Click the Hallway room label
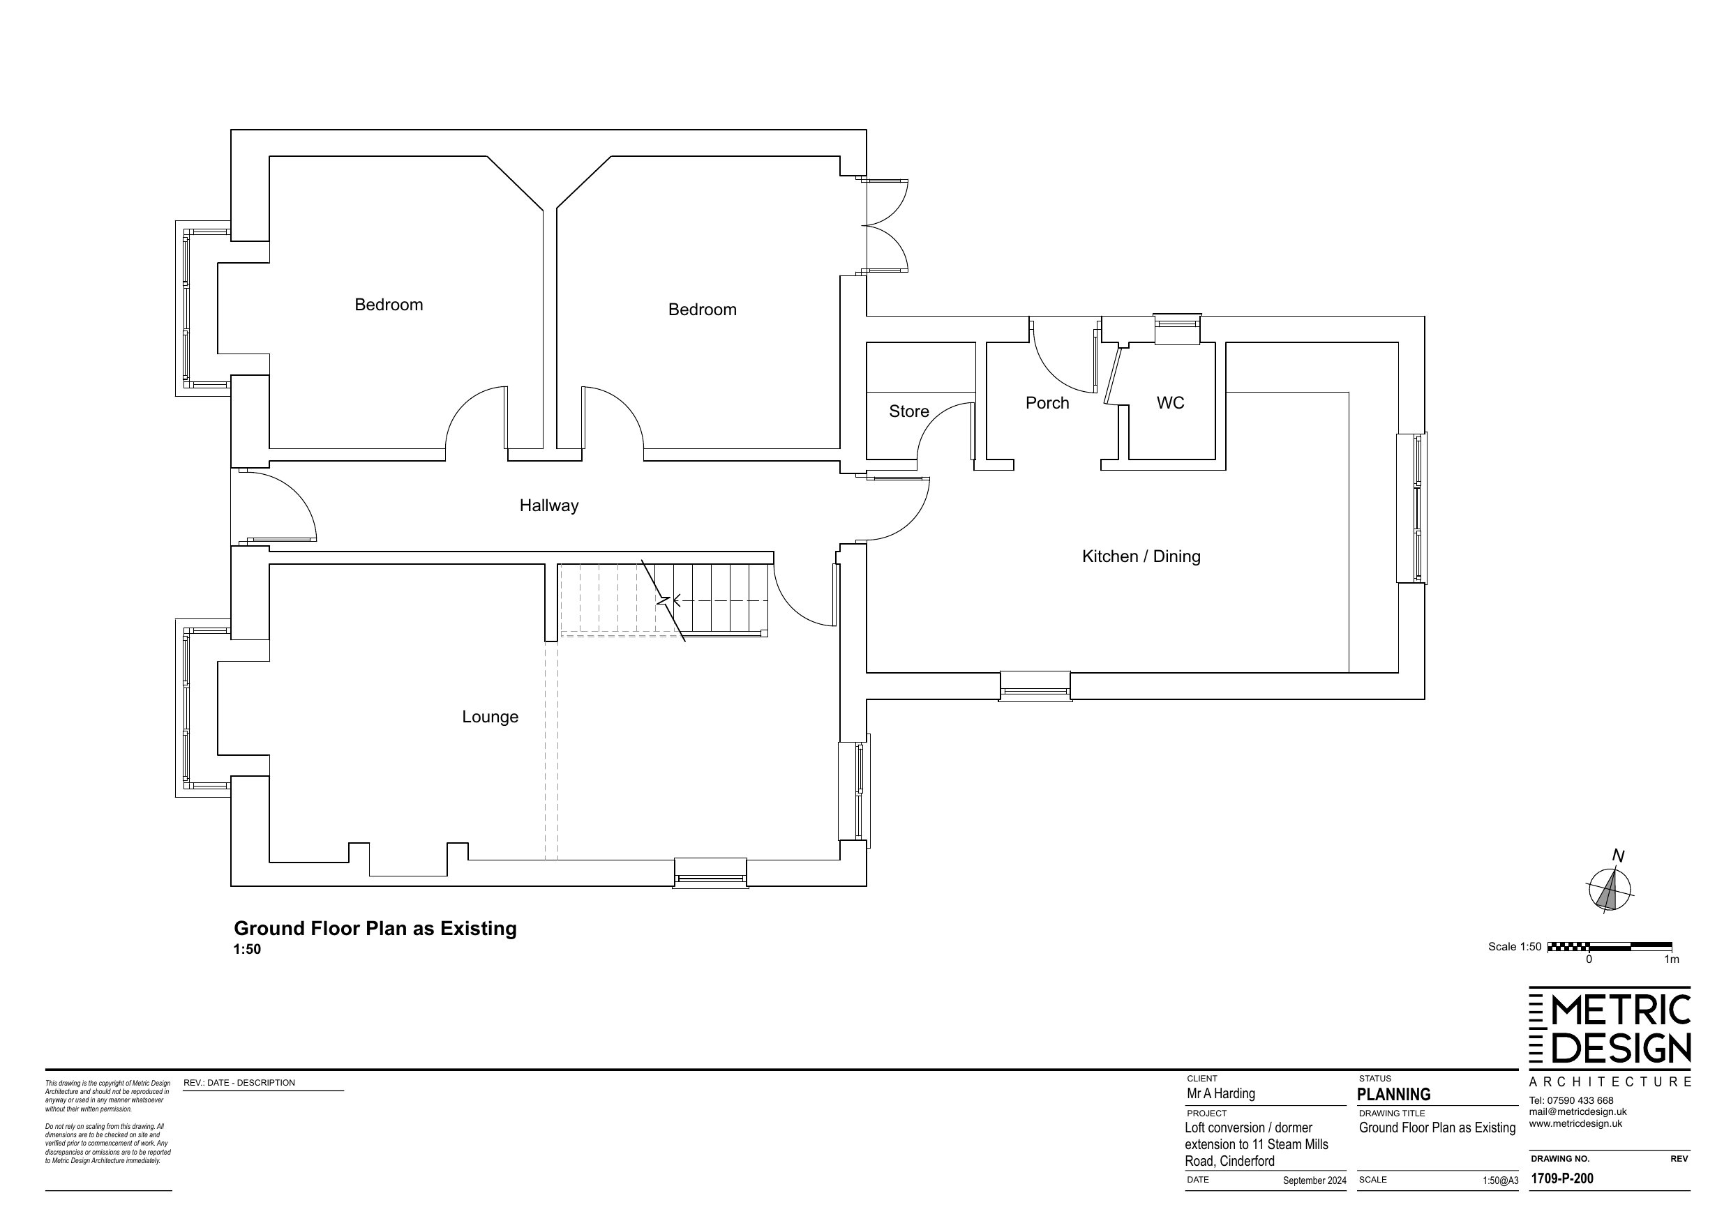(x=549, y=506)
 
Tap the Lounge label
(x=490, y=717)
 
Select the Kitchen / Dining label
(x=1141, y=556)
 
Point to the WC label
(x=1170, y=403)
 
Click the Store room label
(x=908, y=411)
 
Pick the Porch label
(x=1047, y=403)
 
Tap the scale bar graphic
(x=1610, y=946)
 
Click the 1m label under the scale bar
(x=1672, y=959)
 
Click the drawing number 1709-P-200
(x=1562, y=1178)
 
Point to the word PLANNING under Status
(x=1394, y=1094)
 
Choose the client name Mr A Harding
(x=1220, y=1093)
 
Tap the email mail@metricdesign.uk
(x=1578, y=1111)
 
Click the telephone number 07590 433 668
(x=1582, y=1100)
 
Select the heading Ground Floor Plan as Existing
(x=375, y=928)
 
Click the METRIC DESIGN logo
(x=1610, y=1037)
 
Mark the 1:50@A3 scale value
(x=1500, y=1180)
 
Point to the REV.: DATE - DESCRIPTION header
(x=239, y=1083)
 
